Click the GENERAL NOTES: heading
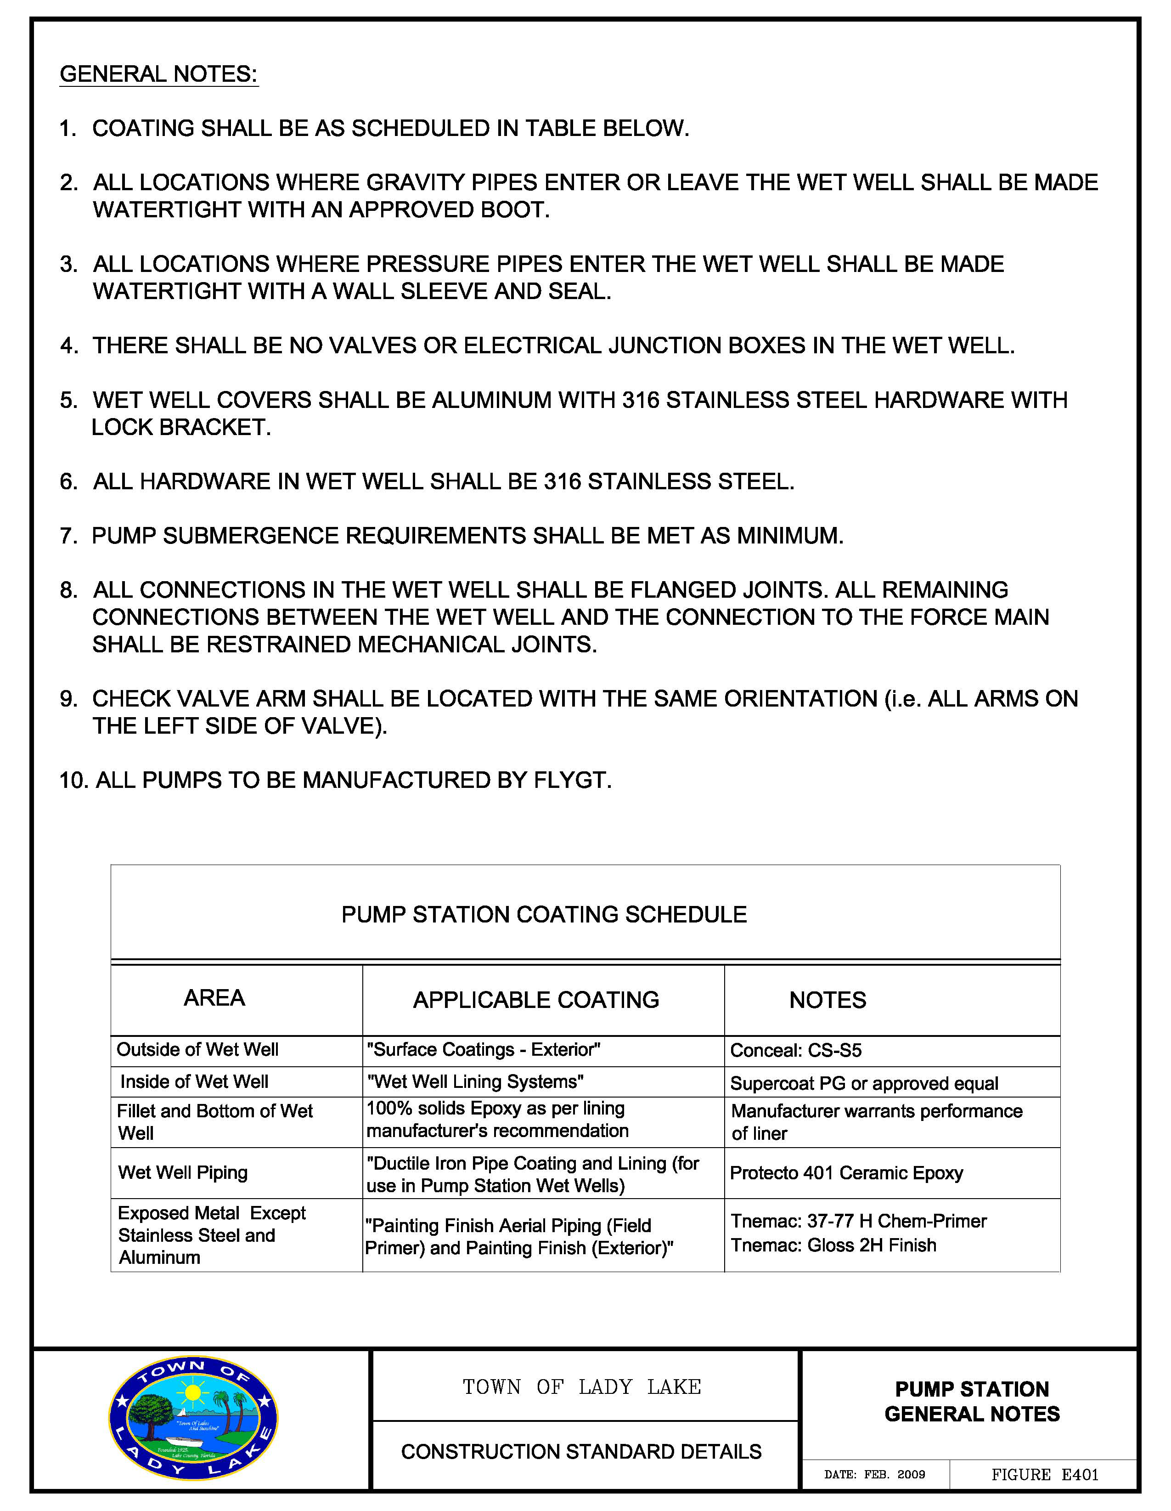[x=158, y=74]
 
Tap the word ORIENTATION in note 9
[x=800, y=699]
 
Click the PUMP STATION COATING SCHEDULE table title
[x=544, y=915]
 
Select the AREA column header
[x=214, y=998]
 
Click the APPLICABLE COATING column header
[x=536, y=1000]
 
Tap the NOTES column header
[x=827, y=1000]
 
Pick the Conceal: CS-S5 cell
[x=795, y=1050]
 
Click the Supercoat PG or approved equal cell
[x=864, y=1083]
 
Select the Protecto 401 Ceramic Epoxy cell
[x=846, y=1173]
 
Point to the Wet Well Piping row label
[x=183, y=1172]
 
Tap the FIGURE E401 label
[x=1044, y=1474]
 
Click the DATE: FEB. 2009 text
[x=874, y=1474]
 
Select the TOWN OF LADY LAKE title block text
[x=582, y=1387]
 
